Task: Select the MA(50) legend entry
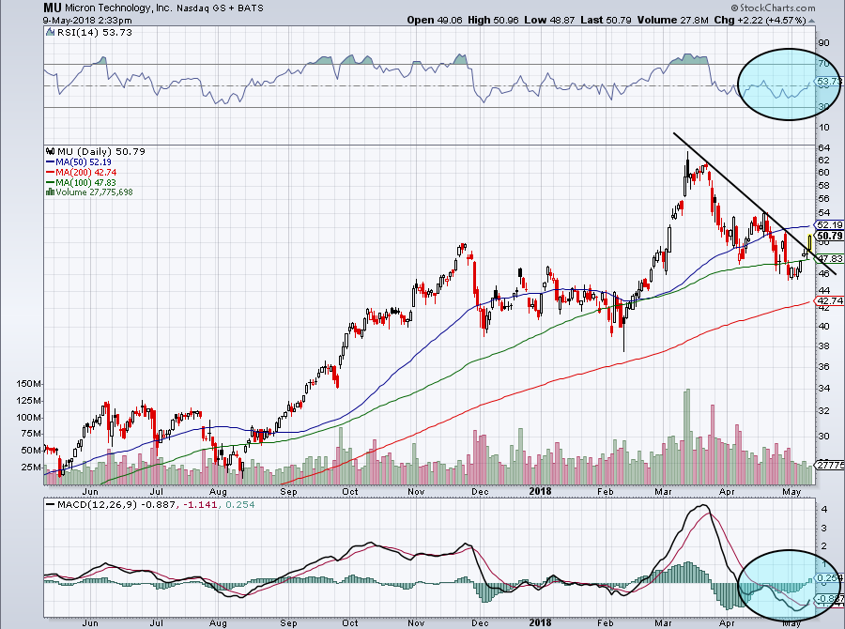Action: pos(79,161)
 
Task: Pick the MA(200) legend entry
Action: pos(82,171)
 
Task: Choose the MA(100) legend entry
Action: pos(82,181)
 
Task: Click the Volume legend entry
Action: pos(97,192)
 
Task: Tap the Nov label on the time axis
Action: pos(416,491)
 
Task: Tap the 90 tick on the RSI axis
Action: pos(824,43)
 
